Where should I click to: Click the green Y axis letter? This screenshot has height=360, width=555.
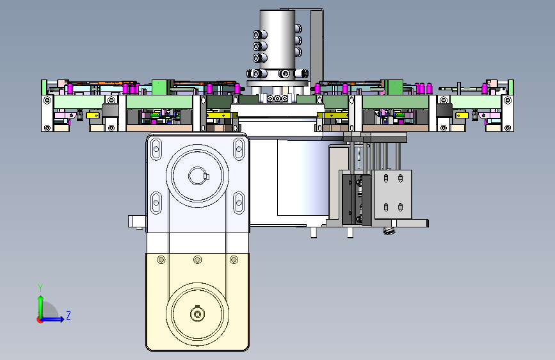click(40, 288)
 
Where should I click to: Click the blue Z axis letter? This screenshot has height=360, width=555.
click(68, 315)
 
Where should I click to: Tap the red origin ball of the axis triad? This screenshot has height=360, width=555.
click(40, 320)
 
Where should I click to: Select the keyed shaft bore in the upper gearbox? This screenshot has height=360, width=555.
click(198, 176)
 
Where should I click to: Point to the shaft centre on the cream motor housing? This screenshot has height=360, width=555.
click(197, 314)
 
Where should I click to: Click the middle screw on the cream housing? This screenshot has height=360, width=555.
click(198, 260)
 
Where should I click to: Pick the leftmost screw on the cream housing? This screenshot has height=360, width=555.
click(161, 260)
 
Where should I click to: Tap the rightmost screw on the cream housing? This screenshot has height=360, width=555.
click(234, 260)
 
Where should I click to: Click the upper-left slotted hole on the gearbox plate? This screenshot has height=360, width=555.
click(156, 149)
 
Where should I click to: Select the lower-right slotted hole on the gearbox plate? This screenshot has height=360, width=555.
click(239, 202)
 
